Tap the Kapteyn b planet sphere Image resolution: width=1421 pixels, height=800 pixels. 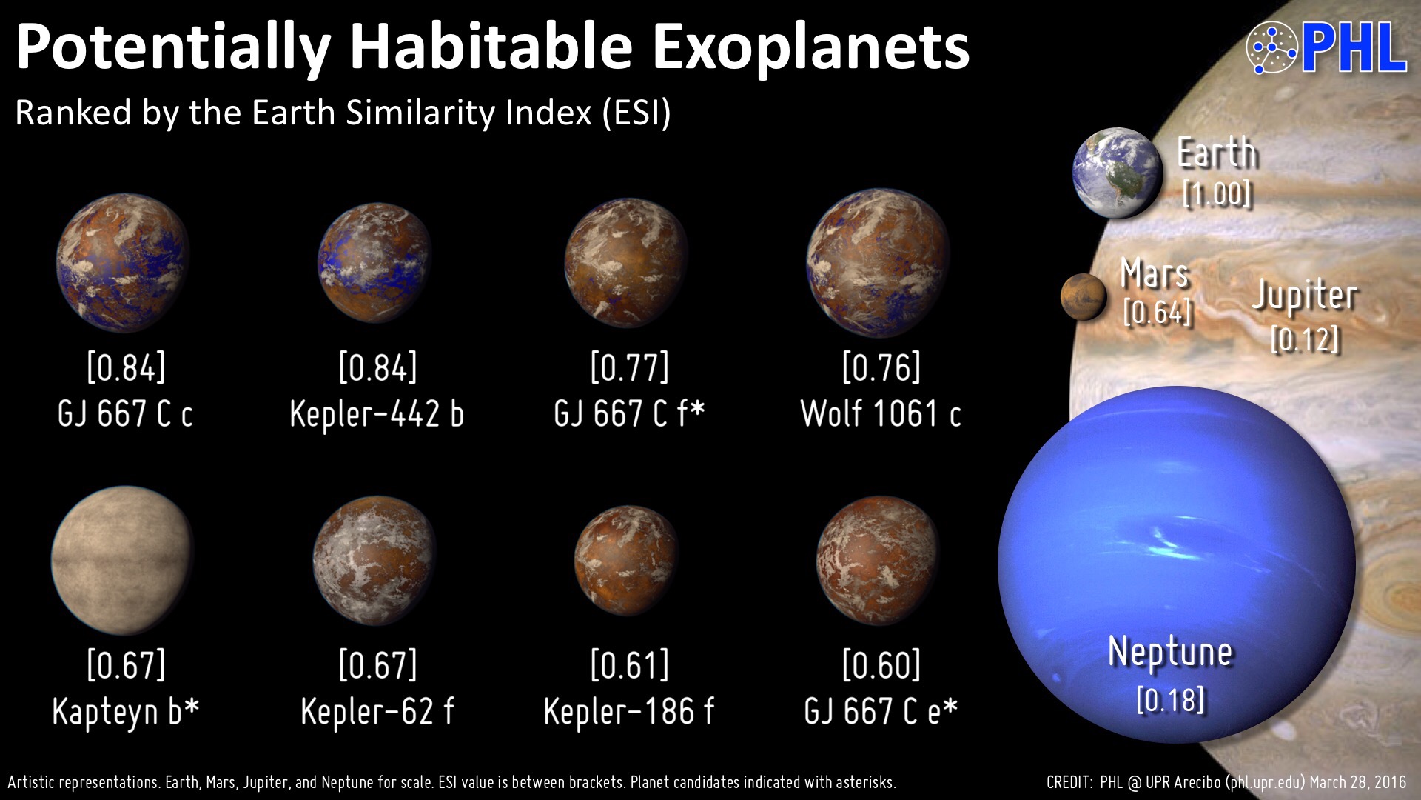click(x=123, y=560)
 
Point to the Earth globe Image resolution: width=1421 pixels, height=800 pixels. click(x=1118, y=173)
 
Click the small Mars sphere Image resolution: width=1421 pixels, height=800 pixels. click(x=1084, y=296)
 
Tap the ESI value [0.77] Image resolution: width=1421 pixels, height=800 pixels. click(x=629, y=367)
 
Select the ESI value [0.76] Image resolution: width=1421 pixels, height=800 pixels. click(x=881, y=367)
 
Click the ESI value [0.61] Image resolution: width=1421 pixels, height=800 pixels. click(x=629, y=664)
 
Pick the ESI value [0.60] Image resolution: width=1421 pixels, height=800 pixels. click(x=881, y=664)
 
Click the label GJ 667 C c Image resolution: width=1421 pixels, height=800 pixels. click(x=125, y=413)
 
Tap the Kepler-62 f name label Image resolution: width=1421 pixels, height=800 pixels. click(x=377, y=711)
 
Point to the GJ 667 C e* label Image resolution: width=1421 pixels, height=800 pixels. click(x=881, y=711)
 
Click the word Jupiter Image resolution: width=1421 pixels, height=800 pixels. click(x=1305, y=296)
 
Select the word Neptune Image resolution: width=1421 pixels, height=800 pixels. click(x=1170, y=653)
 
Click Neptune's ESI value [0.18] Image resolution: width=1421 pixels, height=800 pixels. click(x=1170, y=700)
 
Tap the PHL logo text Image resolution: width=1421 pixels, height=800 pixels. click(x=1353, y=48)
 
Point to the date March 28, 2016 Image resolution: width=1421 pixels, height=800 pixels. click(x=1358, y=782)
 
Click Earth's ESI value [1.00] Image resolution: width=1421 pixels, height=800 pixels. click(x=1217, y=194)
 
